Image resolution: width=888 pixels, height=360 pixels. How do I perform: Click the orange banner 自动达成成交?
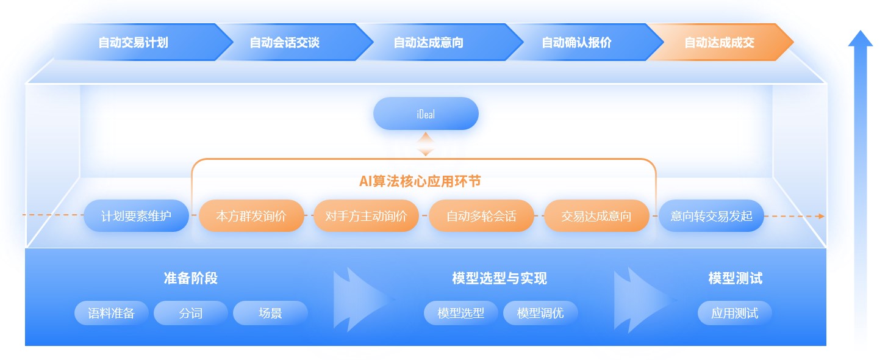click(x=720, y=42)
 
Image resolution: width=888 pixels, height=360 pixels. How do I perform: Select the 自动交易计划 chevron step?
click(x=143, y=42)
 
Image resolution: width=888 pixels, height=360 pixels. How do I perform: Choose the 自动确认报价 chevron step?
click(x=583, y=42)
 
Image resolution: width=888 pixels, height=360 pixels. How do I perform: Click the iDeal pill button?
click(x=426, y=113)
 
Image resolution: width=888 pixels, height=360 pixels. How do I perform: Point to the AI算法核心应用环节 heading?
click(x=420, y=181)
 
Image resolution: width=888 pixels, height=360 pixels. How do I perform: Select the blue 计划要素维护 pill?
click(x=136, y=215)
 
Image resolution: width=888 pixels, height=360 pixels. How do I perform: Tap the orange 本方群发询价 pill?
click(x=251, y=215)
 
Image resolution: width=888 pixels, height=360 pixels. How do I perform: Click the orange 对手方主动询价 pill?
click(x=366, y=215)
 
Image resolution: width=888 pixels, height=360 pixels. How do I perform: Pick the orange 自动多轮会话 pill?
click(x=481, y=215)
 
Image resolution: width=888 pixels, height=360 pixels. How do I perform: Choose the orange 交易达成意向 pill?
click(x=596, y=215)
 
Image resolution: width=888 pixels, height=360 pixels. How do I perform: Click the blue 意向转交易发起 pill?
click(x=711, y=215)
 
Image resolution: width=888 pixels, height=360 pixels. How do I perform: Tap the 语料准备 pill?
click(x=112, y=313)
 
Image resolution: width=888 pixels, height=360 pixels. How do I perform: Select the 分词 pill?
click(x=191, y=313)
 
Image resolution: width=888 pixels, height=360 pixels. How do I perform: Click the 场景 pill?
click(x=270, y=313)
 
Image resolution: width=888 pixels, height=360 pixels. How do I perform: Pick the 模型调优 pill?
click(x=540, y=313)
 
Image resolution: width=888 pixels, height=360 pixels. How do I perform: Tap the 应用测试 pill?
click(x=734, y=313)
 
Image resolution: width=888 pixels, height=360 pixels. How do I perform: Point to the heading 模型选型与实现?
click(x=500, y=278)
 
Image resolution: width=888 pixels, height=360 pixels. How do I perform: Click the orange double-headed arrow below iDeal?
click(x=425, y=144)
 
